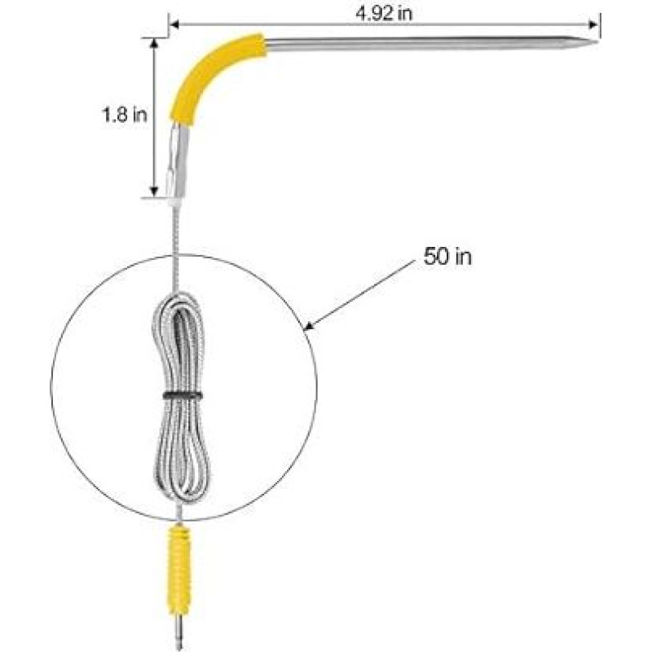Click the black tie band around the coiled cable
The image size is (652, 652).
click(x=179, y=395)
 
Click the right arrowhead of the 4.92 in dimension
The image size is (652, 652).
click(x=595, y=24)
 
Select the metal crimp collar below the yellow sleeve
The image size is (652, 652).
click(x=177, y=159)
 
